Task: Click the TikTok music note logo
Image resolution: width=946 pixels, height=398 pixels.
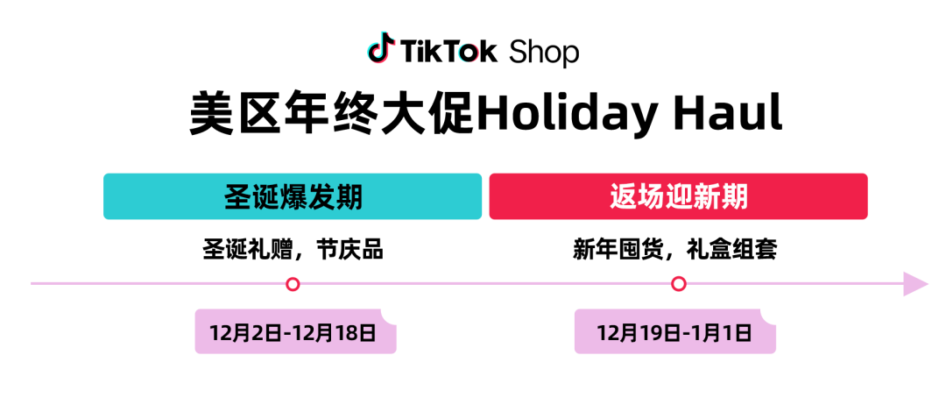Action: click(381, 47)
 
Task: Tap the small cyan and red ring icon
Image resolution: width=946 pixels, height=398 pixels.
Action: click(469, 53)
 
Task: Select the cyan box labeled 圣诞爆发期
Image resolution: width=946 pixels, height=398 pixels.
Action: click(293, 196)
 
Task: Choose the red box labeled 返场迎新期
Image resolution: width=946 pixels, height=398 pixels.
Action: click(678, 196)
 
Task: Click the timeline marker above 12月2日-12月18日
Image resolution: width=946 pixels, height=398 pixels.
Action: click(293, 284)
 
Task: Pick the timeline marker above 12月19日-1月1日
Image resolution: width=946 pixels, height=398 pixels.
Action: click(678, 284)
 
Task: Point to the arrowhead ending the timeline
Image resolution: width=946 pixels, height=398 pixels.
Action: click(914, 284)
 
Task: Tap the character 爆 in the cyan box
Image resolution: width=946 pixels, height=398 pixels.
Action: click(293, 197)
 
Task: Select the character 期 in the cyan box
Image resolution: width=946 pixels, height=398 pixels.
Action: click(349, 197)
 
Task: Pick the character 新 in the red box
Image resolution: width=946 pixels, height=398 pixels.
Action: click(706, 197)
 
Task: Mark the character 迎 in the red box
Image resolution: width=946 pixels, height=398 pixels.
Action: click(679, 197)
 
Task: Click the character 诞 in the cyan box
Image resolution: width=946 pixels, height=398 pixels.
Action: click(265, 197)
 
